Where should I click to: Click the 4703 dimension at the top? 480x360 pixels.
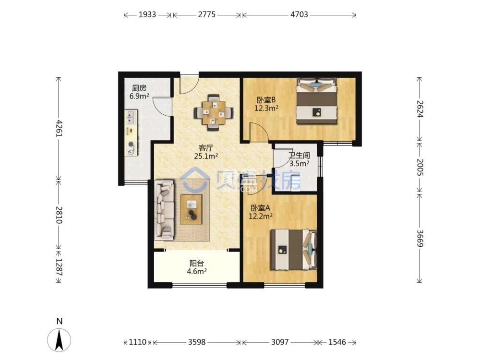[x=299, y=14]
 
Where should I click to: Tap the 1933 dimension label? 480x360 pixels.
[x=147, y=14]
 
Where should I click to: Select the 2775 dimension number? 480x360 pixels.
[x=206, y=14]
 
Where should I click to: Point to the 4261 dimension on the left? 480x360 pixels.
[x=59, y=129]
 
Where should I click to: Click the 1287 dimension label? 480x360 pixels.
[x=59, y=267]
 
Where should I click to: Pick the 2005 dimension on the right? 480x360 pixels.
[x=420, y=167]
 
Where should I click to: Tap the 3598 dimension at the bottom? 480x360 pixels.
[x=196, y=342]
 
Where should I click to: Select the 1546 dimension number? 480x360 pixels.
[x=337, y=342]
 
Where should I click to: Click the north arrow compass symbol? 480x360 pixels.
[x=59, y=339]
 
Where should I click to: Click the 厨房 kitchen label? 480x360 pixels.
[x=139, y=88]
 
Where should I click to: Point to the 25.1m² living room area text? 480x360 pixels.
[x=206, y=156]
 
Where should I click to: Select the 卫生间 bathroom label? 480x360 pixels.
[x=299, y=156]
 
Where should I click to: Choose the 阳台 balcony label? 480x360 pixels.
[x=197, y=263]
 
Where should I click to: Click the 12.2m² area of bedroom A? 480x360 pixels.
[x=261, y=216]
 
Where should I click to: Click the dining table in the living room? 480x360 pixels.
[x=214, y=113]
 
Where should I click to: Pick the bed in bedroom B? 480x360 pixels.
[x=316, y=101]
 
